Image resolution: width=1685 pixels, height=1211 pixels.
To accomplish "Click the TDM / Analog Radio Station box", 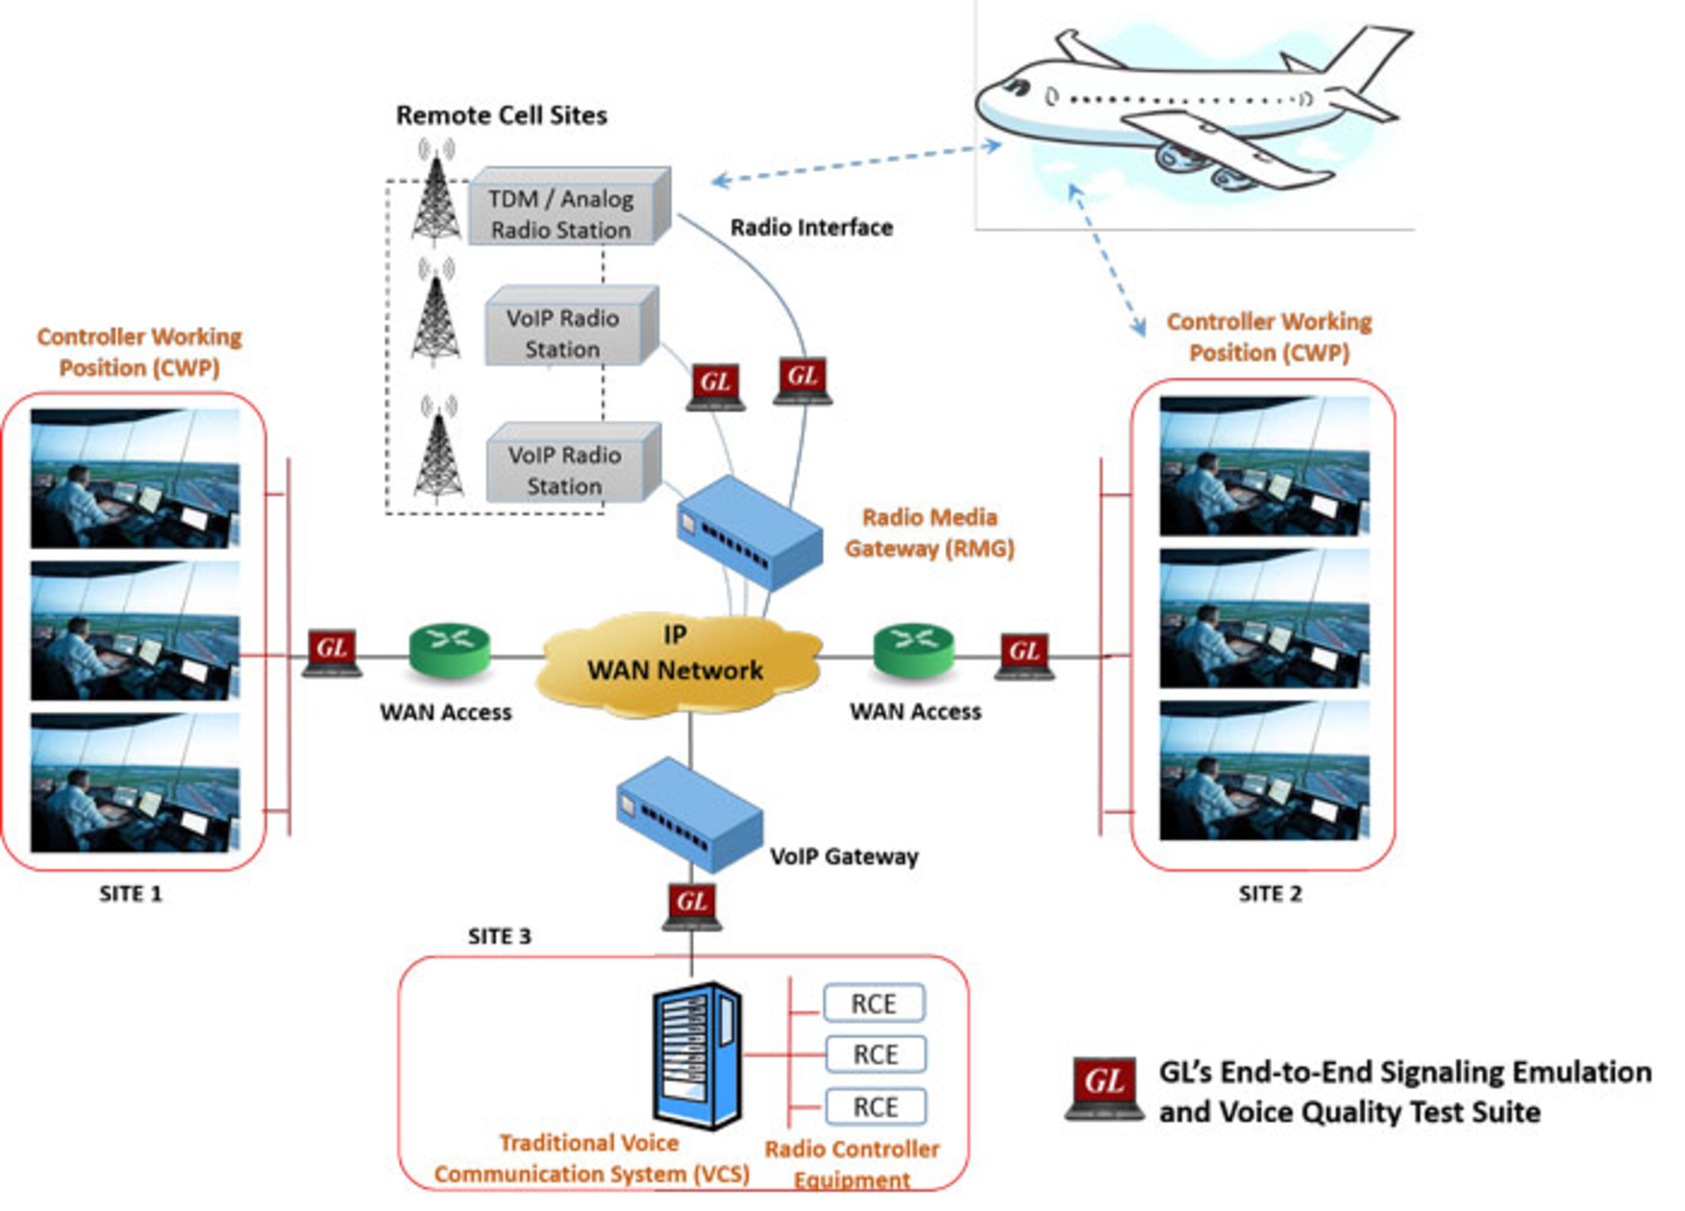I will (566, 211).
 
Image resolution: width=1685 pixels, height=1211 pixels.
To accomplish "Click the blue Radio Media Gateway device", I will (749, 534).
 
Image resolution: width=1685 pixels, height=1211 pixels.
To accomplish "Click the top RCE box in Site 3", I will (873, 1003).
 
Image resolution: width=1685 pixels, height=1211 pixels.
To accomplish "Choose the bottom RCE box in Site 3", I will (875, 1107).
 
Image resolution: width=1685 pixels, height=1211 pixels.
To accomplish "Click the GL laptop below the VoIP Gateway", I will (692, 906).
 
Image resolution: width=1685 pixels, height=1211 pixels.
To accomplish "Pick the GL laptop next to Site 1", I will (332, 653).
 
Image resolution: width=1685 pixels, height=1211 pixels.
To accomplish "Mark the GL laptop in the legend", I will (1104, 1088).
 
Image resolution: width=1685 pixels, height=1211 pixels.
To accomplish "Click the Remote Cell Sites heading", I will (501, 115).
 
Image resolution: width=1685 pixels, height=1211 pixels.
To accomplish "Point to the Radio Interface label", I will (811, 227).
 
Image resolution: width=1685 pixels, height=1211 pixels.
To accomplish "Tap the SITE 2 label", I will (1269, 893).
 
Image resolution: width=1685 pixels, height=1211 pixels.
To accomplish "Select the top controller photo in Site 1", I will (135, 478).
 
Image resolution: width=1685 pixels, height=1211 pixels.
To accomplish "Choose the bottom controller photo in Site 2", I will (1264, 770).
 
